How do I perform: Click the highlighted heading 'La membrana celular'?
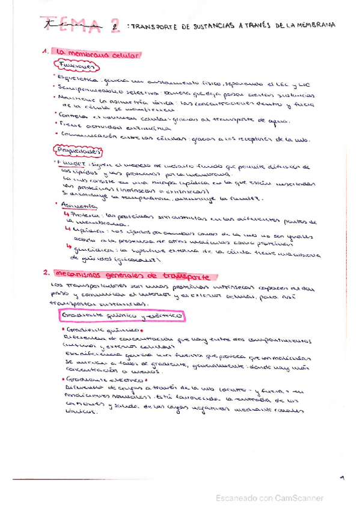point(97,55)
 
